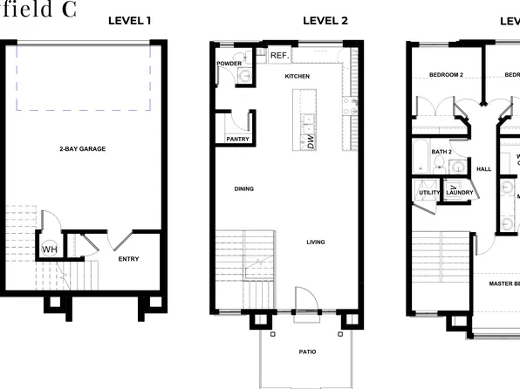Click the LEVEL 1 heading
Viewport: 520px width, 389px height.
(130, 20)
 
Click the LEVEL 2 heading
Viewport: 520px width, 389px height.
(325, 20)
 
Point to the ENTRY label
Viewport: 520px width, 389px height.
(128, 259)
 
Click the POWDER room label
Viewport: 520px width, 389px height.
(229, 64)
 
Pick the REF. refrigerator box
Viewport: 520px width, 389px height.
(279, 56)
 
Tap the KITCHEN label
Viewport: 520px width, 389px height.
(298, 77)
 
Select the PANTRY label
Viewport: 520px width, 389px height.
(237, 139)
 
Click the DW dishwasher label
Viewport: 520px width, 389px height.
(311, 141)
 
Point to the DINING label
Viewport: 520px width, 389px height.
(244, 188)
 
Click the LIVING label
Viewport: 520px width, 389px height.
(316, 242)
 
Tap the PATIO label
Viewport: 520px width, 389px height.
(306, 352)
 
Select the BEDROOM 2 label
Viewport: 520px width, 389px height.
(446, 75)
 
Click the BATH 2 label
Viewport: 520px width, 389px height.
(441, 151)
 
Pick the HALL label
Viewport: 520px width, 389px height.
(483, 169)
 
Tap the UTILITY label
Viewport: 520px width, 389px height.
(429, 193)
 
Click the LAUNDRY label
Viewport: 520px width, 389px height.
(460, 193)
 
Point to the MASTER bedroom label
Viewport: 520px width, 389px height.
(504, 283)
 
